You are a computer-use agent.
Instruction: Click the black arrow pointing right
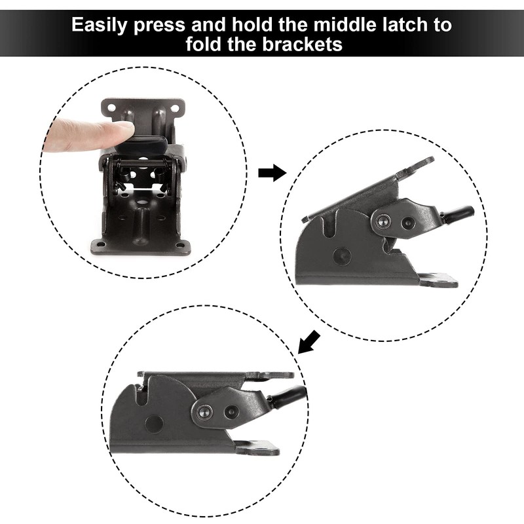[x=272, y=173]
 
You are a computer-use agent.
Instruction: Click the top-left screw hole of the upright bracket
[x=109, y=105]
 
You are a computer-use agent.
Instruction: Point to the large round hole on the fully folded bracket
[x=153, y=424]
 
